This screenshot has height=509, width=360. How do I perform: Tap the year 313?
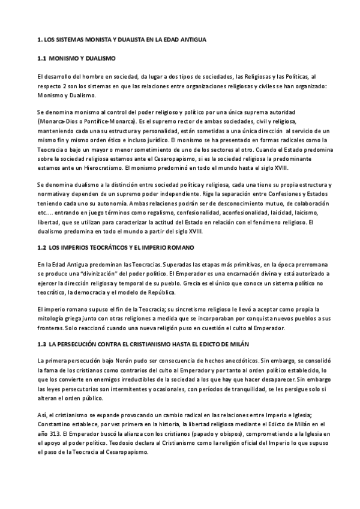pyautogui.click(x=55, y=433)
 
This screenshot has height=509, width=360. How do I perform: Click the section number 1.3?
pyautogui.click(x=41, y=343)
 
